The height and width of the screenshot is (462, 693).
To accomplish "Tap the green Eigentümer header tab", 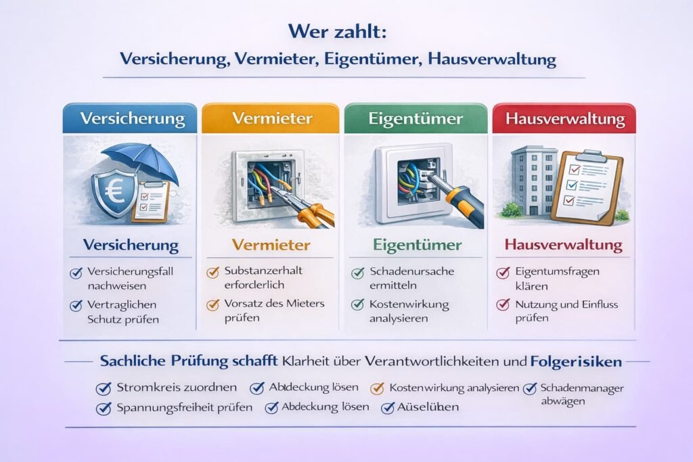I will tap(416, 118).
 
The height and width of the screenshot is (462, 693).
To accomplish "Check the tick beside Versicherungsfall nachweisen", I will tap(76, 273).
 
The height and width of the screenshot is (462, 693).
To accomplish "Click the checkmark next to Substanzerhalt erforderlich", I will tap(211, 272).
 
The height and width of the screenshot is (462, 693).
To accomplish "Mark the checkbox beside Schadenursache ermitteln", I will tap(357, 273).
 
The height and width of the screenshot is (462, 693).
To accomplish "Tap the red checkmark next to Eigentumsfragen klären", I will tap(503, 273).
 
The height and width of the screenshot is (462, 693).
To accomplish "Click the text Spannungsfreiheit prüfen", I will tap(184, 408).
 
